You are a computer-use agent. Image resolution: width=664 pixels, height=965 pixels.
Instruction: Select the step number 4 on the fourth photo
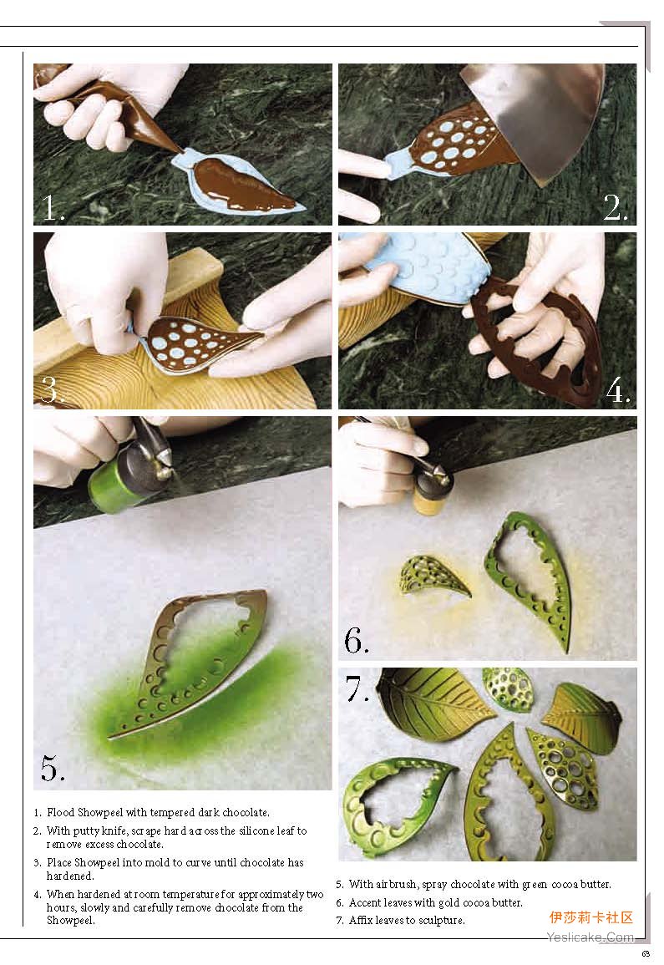click(x=617, y=389)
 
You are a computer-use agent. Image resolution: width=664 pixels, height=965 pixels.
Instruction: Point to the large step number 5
click(x=53, y=768)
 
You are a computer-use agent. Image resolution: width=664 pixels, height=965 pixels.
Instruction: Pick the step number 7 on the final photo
click(x=357, y=689)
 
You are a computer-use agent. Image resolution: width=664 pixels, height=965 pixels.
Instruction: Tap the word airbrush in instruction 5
click(x=398, y=885)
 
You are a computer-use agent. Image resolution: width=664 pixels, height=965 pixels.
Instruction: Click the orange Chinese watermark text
click(x=591, y=917)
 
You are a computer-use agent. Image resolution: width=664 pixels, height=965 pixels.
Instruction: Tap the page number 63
click(x=646, y=954)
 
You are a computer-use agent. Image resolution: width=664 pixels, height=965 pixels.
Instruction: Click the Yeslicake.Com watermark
click(x=591, y=937)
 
